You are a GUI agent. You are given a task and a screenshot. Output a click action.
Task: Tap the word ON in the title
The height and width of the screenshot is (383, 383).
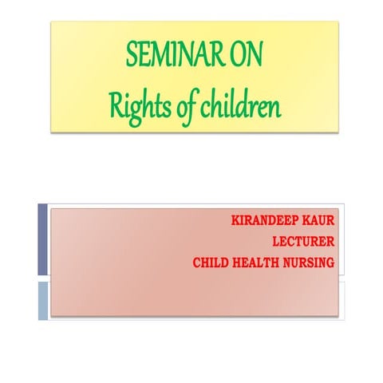pyautogui.click(x=245, y=57)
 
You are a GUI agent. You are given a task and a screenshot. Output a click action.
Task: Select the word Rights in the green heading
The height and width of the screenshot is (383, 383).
pyautogui.click(x=135, y=105)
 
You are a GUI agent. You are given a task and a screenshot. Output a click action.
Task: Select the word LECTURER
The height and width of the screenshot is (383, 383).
pyautogui.click(x=302, y=240)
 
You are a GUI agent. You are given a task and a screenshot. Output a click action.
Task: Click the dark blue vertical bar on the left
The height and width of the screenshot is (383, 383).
pyautogui.click(x=42, y=239)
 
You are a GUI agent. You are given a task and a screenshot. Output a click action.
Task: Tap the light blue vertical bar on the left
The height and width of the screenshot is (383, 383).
pyautogui.click(x=42, y=301)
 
